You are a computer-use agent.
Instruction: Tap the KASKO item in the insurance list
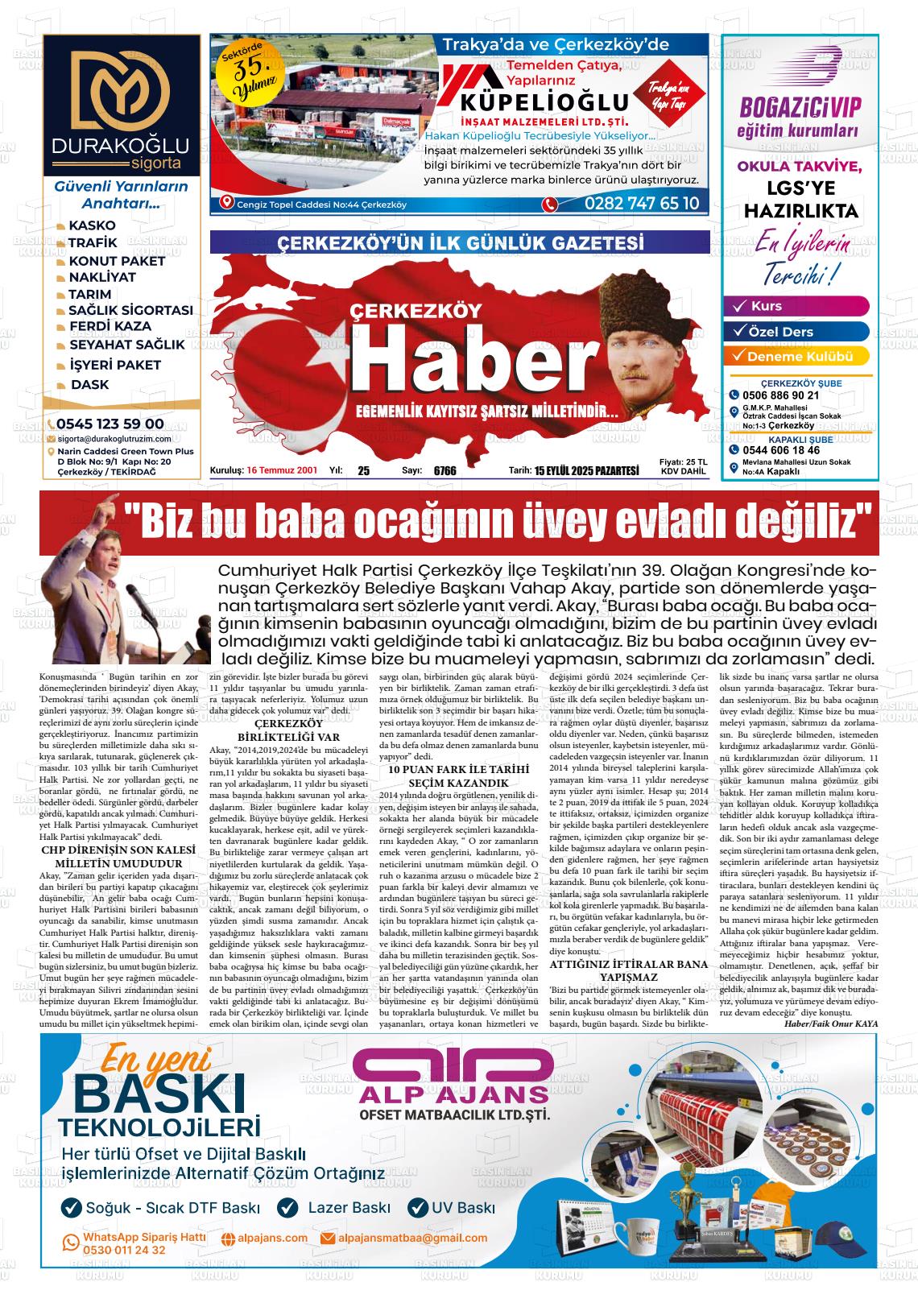[92, 225]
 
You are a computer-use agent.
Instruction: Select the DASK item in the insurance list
[89, 385]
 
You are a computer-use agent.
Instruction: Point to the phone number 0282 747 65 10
[642, 204]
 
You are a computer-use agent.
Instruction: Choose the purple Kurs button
[796, 307]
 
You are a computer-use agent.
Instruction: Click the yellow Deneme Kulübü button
[796, 356]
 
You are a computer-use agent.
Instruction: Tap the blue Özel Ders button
[796, 332]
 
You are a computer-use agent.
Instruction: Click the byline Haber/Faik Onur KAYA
[830, 1024]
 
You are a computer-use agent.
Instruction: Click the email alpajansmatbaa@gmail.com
[412, 1238]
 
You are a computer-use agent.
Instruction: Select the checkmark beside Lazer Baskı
[287, 1207]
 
